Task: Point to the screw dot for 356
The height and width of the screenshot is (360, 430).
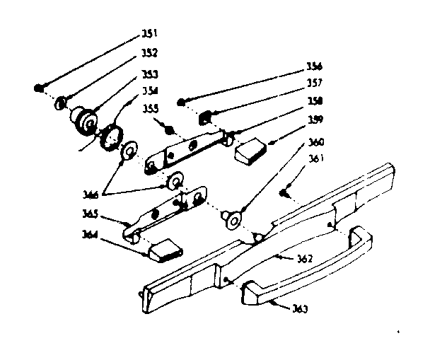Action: (182, 103)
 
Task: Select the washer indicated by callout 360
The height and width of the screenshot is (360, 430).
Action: (231, 221)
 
